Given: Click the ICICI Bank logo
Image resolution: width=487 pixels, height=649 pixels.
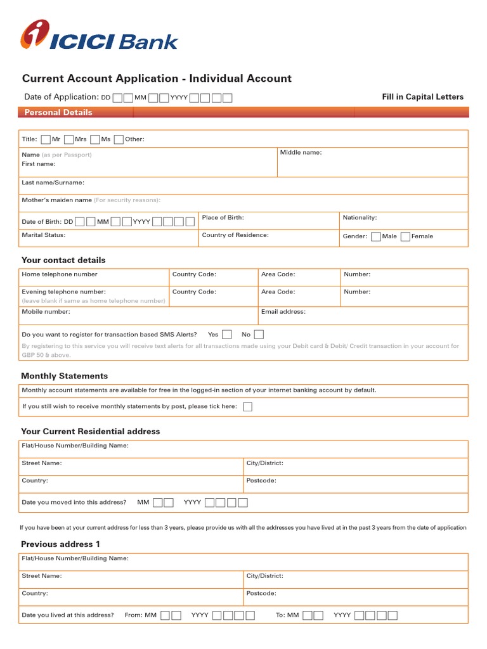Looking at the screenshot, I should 100,35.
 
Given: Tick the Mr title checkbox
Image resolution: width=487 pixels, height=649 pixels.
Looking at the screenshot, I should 46,139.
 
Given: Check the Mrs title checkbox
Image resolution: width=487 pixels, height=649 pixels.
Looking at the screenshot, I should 69,139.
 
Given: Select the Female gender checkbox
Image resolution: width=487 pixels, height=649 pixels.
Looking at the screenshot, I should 405,236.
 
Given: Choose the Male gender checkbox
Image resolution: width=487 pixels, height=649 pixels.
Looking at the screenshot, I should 375,236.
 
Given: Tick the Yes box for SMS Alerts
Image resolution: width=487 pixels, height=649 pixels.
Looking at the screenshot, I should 227,335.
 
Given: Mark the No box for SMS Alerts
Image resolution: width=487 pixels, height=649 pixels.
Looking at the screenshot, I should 259,335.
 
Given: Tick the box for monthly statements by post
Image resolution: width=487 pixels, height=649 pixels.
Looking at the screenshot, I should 247,407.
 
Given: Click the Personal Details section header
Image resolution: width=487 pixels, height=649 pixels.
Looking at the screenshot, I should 58,112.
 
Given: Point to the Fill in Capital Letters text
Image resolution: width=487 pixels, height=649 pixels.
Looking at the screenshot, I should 422,97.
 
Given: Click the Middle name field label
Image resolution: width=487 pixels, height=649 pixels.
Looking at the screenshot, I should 301,153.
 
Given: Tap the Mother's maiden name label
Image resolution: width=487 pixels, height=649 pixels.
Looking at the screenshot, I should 57,200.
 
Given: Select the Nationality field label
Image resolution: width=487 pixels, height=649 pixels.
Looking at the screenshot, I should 360,217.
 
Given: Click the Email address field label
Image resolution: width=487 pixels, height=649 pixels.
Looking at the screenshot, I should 283,312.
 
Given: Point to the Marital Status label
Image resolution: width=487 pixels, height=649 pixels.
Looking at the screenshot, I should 44,235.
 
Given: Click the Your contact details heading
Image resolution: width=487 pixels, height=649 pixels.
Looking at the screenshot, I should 63,260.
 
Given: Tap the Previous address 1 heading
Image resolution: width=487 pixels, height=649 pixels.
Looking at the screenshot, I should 61,544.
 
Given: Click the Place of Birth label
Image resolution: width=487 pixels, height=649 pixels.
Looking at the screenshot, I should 223,217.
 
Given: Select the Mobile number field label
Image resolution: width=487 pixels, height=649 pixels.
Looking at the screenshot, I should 46,312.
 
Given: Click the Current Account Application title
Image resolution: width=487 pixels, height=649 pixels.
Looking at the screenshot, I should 157,79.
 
